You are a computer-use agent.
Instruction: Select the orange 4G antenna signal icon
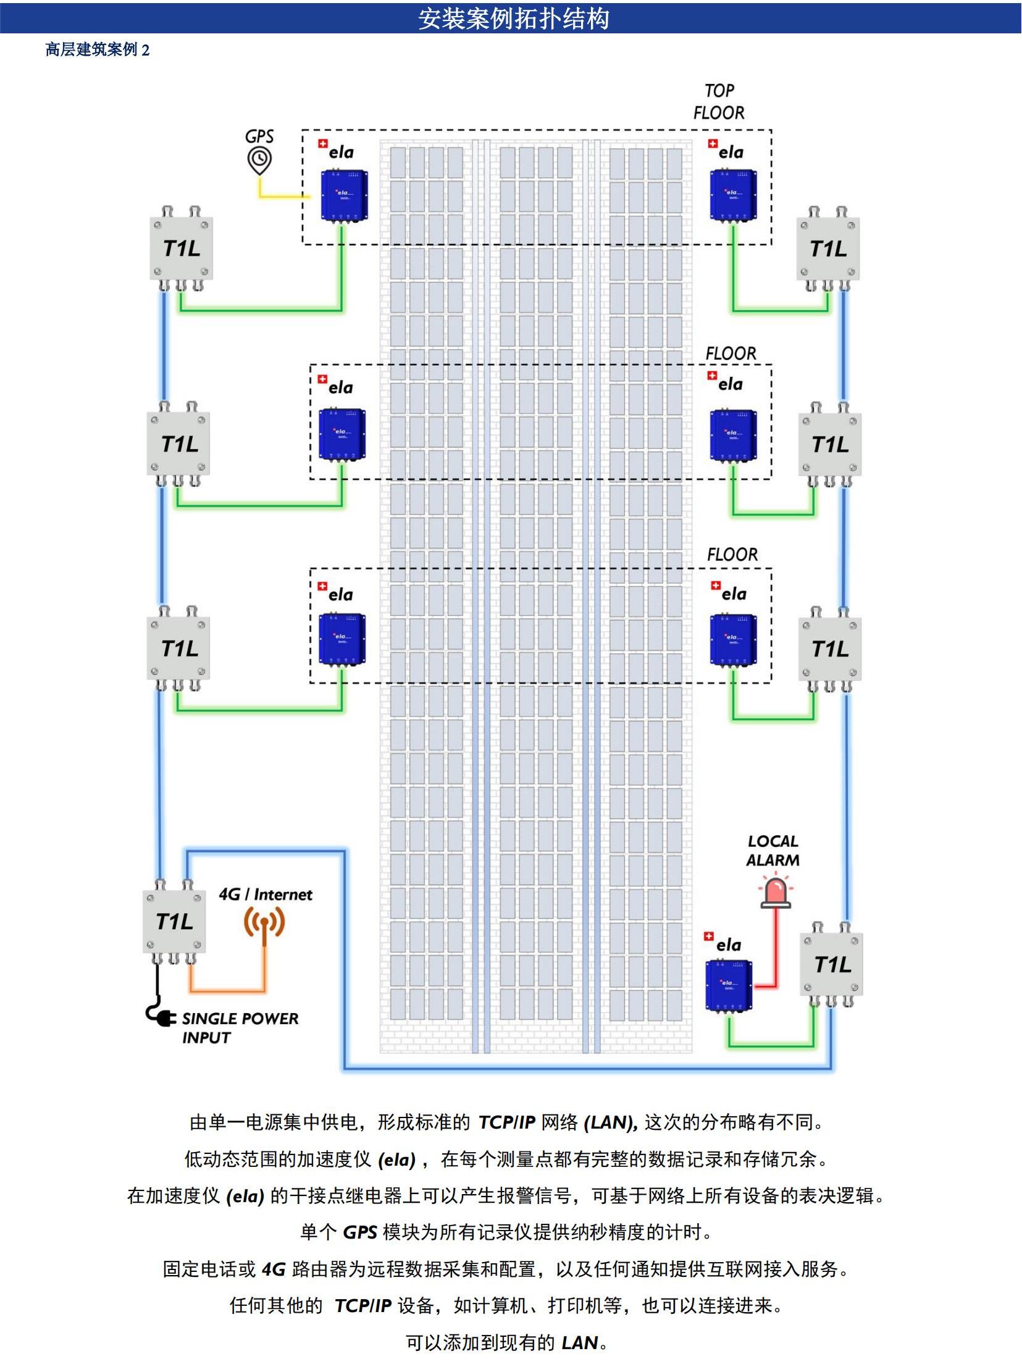pyautogui.click(x=264, y=922)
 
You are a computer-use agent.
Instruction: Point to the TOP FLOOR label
pyautogui.click(x=719, y=102)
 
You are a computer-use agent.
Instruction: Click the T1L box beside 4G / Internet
pyautogui.click(x=175, y=922)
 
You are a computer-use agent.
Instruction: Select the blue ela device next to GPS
pyautogui.click(x=344, y=196)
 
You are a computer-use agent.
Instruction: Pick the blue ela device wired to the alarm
pyautogui.click(x=729, y=985)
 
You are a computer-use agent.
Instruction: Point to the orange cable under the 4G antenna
pyautogui.click(x=229, y=990)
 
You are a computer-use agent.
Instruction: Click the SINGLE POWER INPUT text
pyautogui.click(x=240, y=1027)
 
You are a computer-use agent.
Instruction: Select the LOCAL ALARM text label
pyautogui.click(x=772, y=850)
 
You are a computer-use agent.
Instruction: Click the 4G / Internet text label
pyautogui.click(x=266, y=894)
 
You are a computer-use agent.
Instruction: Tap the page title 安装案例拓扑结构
pyautogui.click(x=514, y=19)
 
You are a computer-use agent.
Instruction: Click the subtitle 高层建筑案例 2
pyautogui.click(x=97, y=50)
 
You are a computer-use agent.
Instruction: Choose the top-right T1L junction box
pyautogui.click(x=828, y=249)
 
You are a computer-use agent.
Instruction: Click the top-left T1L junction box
pyautogui.click(x=182, y=248)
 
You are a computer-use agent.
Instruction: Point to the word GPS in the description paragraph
pyautogui.click(x=359, y=1232)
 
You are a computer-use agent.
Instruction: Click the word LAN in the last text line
pyautogui.click(x=580, y=1342)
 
